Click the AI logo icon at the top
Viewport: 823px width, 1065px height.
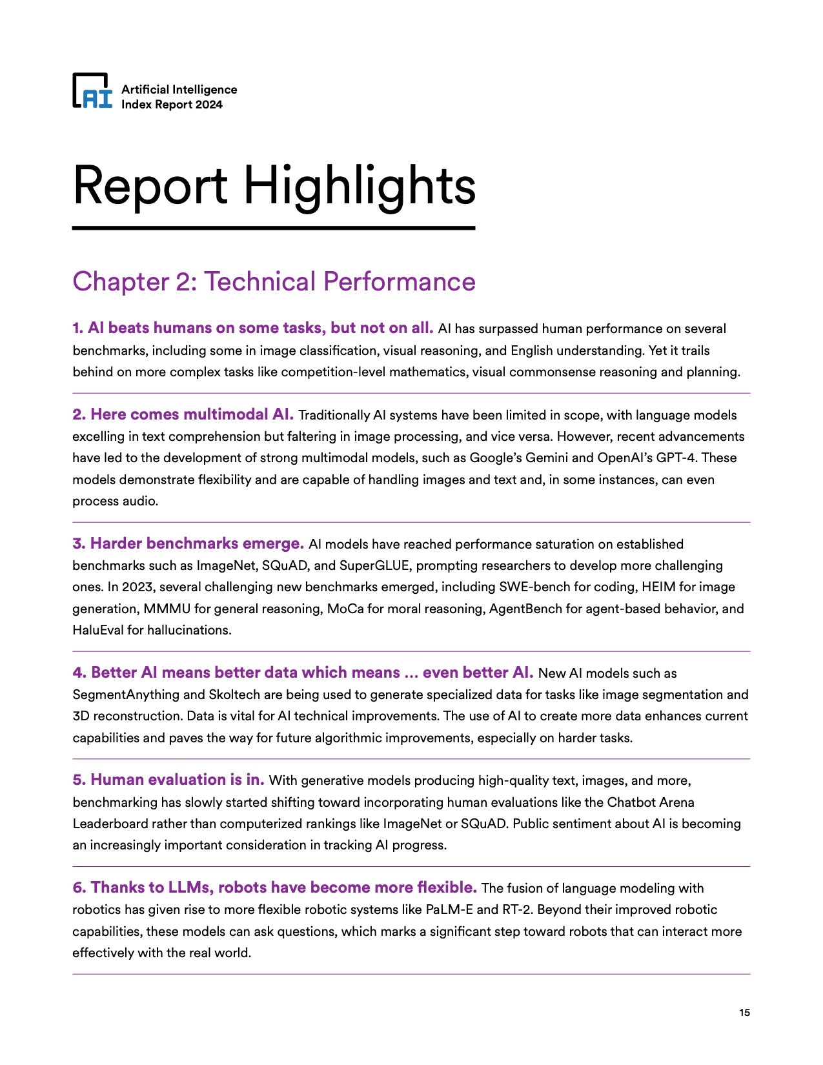coord(92,90)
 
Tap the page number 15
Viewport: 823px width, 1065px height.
coord(744,1012)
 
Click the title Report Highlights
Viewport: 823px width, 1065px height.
coord(274,187)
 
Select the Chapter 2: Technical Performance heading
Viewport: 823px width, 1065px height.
coord(274,282)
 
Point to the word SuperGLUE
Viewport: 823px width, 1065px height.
coord(374,566)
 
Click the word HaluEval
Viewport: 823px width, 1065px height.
coord(98,631)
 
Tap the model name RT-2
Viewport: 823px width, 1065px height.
coord(516,910)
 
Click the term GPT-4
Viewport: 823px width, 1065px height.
coord(677,458)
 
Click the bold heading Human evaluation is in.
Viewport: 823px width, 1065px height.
coord(168,780)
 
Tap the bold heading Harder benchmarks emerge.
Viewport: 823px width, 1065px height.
coord(188,543)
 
